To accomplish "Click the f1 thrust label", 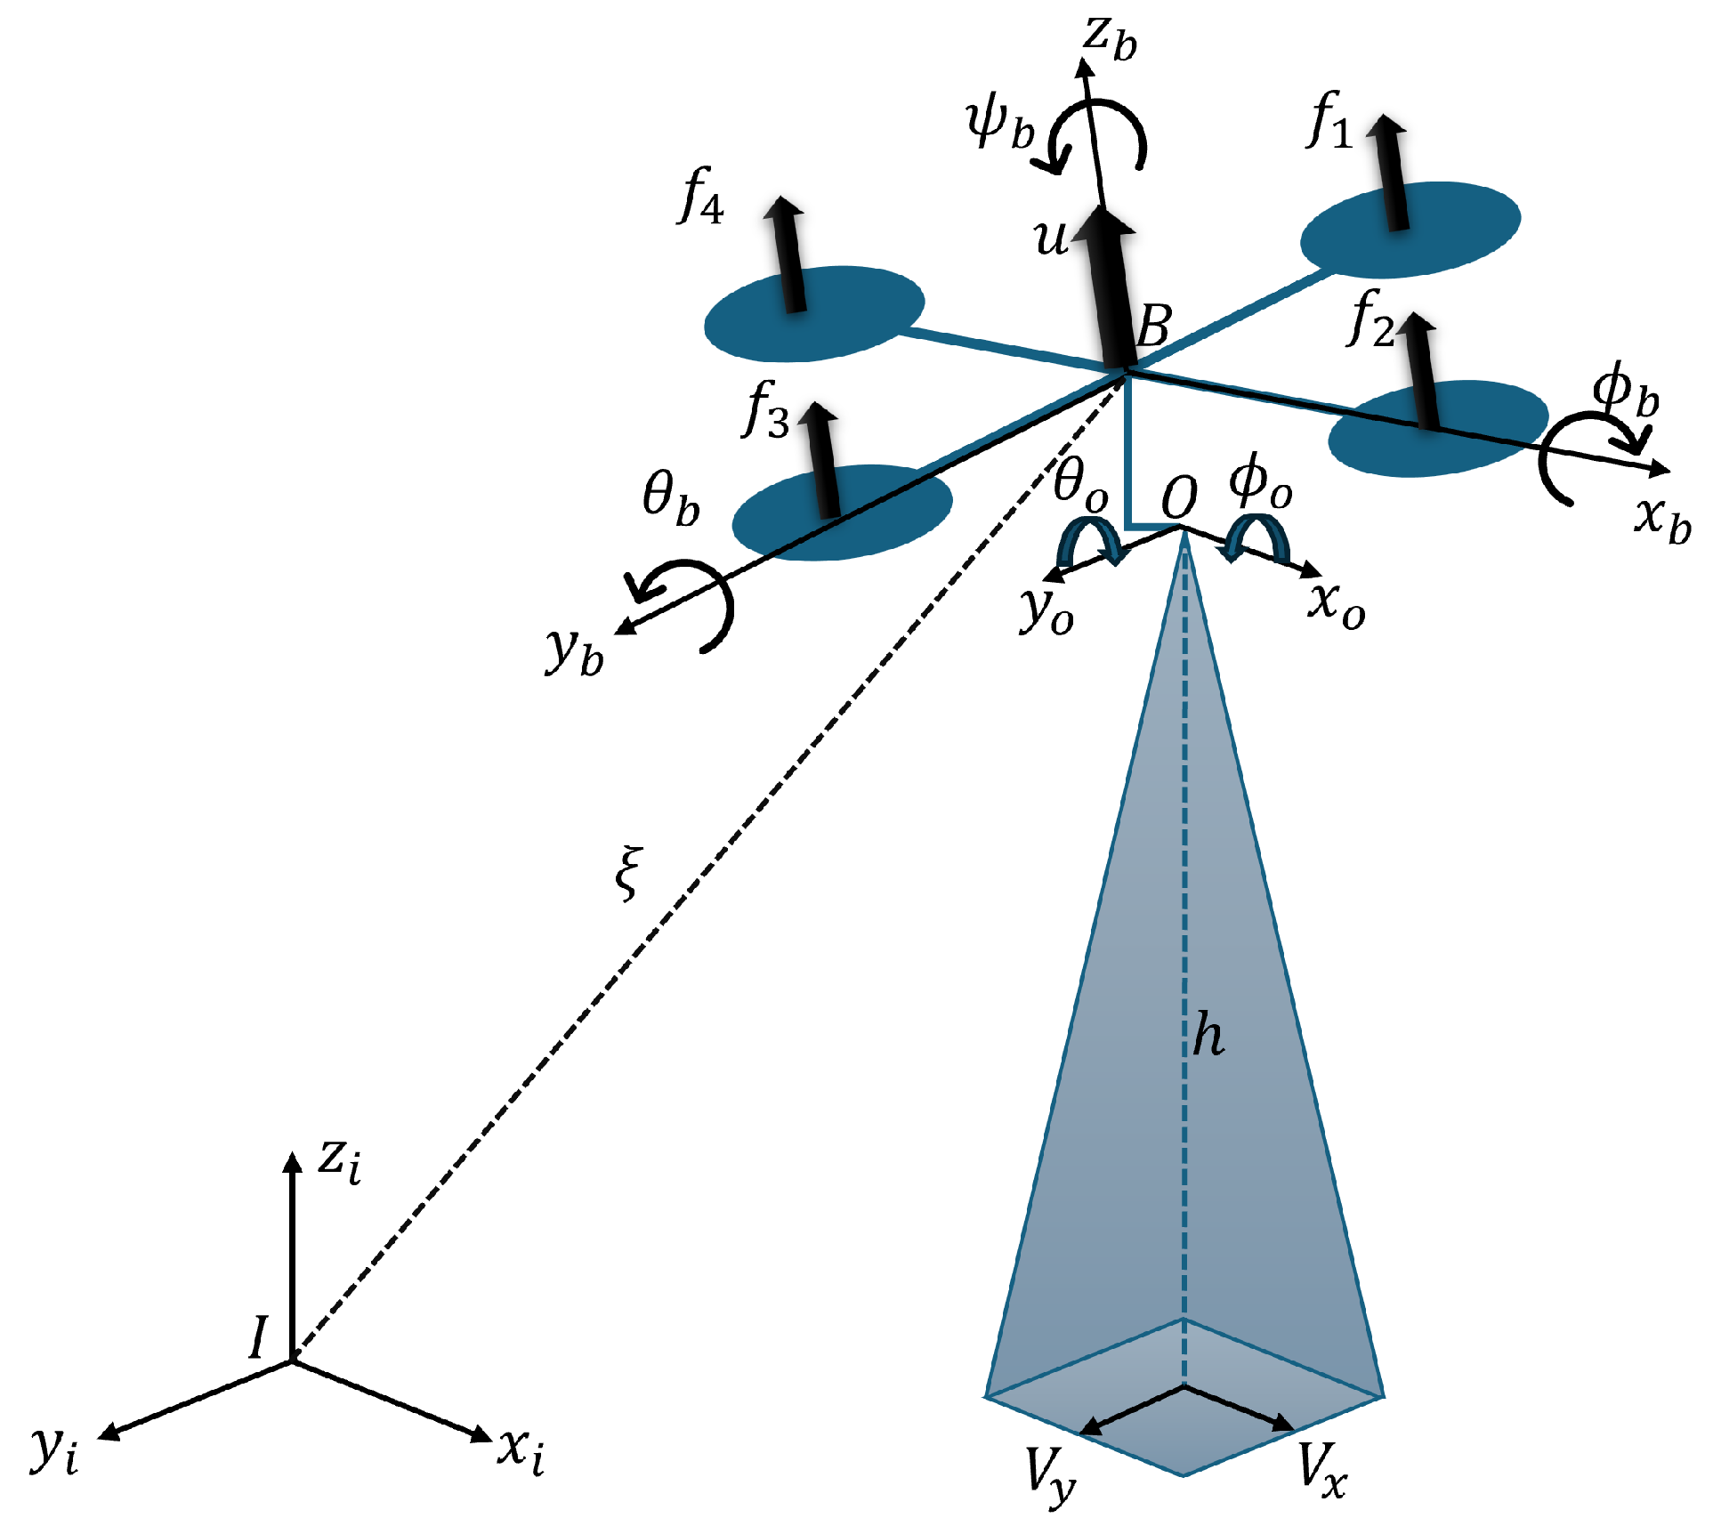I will click(1330, 122).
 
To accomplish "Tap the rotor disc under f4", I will click(814, 313).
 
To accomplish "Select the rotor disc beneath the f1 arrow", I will click(1410, 229).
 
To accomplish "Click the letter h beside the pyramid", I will click(1208, 1035).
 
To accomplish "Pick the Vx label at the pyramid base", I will click(1321, 1469).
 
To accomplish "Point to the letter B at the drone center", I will click(1154, 327).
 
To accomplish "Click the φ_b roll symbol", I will click(1625, 392).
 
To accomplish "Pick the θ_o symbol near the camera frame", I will click(1080, 486).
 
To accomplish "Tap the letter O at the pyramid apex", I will click(1180, 497).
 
